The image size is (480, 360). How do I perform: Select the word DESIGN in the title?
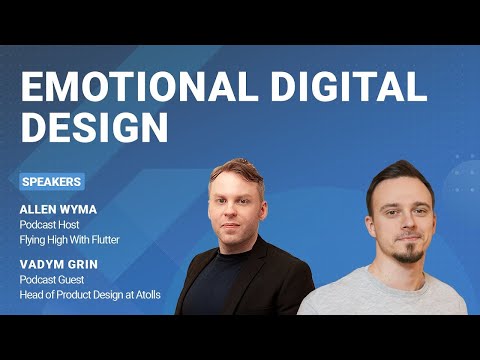94,127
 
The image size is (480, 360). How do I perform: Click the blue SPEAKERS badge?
52,182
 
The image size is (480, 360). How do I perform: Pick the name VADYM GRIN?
56,265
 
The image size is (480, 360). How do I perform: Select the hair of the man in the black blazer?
237,170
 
